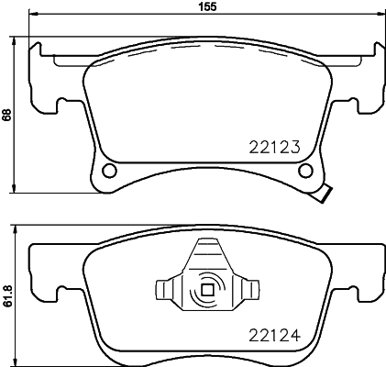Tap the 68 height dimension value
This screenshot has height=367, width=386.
tap(7, 115)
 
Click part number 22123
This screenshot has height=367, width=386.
tap(276, 145)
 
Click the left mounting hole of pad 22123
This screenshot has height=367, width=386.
tap(110, 171)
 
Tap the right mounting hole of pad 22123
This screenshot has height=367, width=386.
tap(308, 171)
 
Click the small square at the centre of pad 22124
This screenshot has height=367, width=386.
tap(207, 292)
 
